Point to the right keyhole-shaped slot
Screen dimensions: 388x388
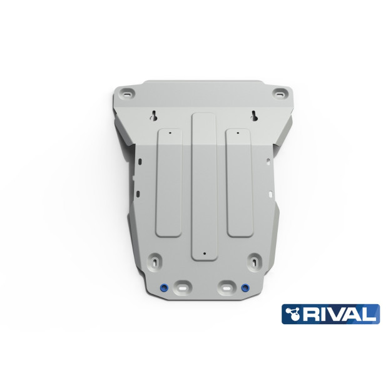tap(254, 116)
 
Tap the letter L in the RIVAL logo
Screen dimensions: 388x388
tap(370, 314)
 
